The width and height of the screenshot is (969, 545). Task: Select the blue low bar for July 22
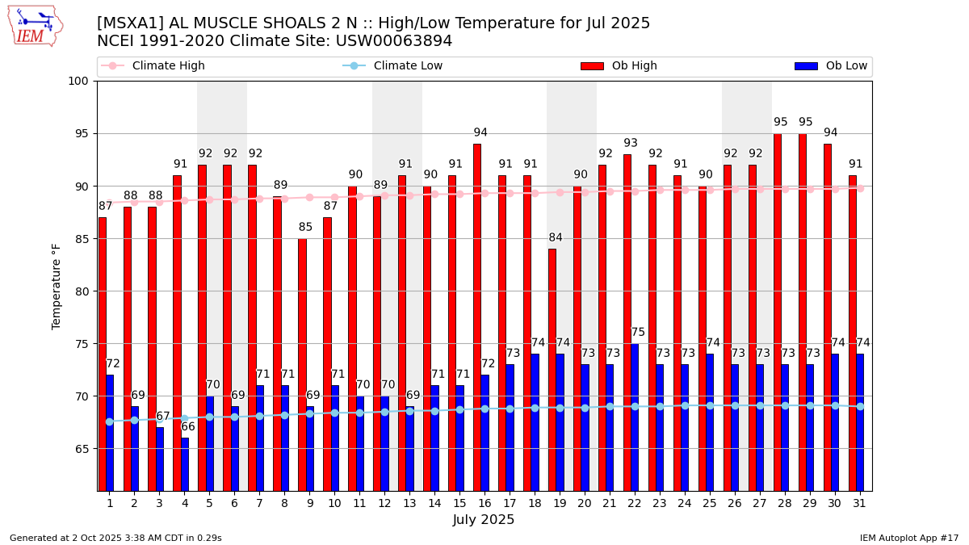pos(635,417)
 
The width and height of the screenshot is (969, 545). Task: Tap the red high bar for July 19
pos(552,369)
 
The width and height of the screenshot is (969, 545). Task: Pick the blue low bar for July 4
pos(185,464)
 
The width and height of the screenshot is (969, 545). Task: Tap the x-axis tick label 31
pos(856,504)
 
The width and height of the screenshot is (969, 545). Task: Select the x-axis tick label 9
pos(309,504)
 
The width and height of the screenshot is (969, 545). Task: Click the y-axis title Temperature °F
pos(57,286)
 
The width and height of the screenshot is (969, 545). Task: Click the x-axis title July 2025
pos(484,521)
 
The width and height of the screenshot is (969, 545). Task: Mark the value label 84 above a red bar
pos(556,238)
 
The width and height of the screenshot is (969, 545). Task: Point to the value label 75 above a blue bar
pos(638,333)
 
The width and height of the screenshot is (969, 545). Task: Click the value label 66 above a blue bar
pos(188,427)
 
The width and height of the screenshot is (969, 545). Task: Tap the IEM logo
pos(35,26)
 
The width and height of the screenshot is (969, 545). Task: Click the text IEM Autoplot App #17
pos(909,538)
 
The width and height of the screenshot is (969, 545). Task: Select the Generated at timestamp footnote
pos(115,538)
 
